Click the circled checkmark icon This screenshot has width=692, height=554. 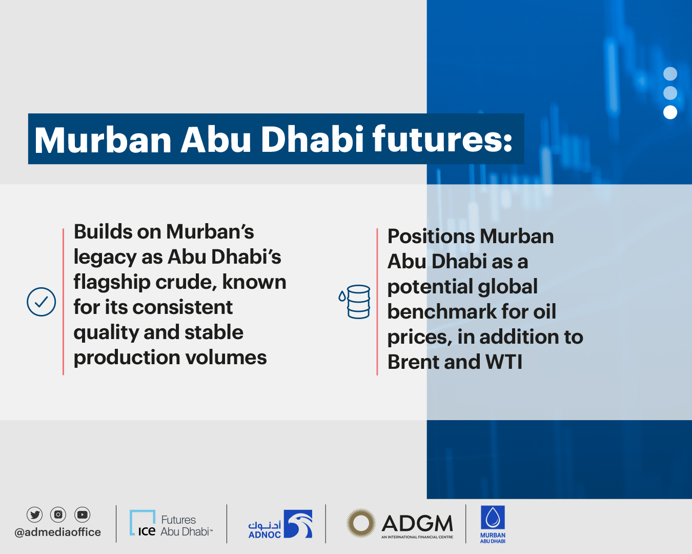[x=41, y=302]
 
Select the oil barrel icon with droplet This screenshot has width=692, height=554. [x=355, y=302]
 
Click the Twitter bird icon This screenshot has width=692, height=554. [x=35, y=514]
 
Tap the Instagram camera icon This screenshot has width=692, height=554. [x=58, y=514]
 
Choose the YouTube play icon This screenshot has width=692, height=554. [x=82, y=514]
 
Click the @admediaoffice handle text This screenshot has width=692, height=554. [x=58, y=532]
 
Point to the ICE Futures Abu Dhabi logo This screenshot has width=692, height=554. [x=170, y=524]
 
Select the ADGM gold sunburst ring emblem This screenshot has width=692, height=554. [x=360, y=523]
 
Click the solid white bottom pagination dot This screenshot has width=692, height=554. [x=670, y=112]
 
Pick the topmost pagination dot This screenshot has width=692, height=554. [x=670, y=74]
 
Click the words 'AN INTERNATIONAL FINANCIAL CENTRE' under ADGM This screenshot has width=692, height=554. [x=417, y=537]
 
